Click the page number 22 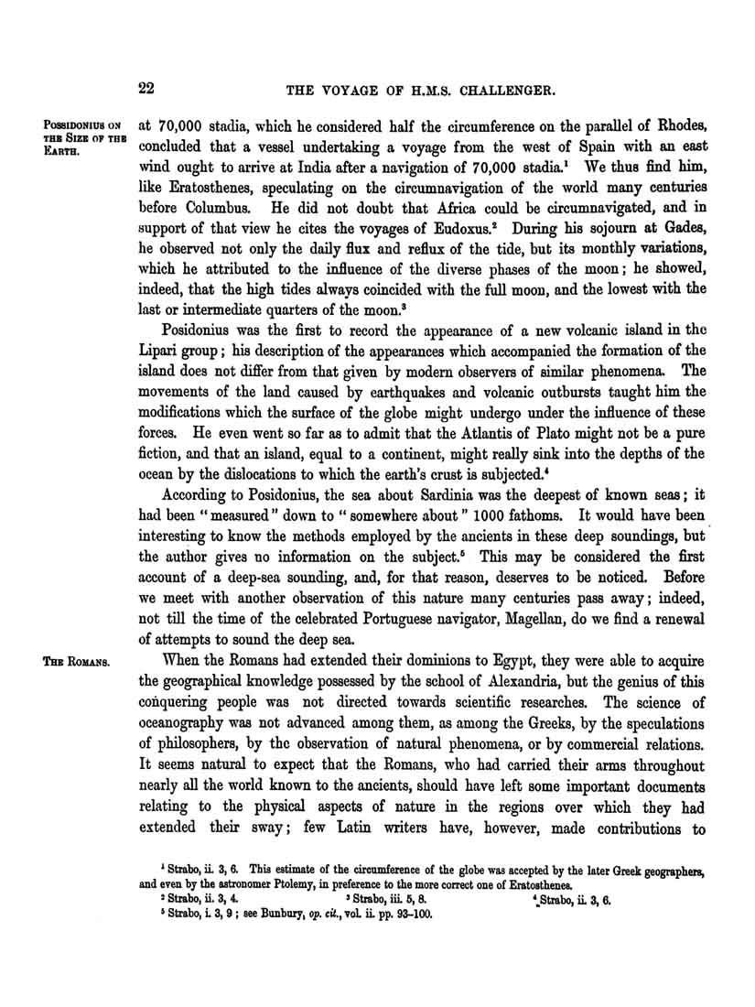click(146, 89)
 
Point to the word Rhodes click(675, 125)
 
